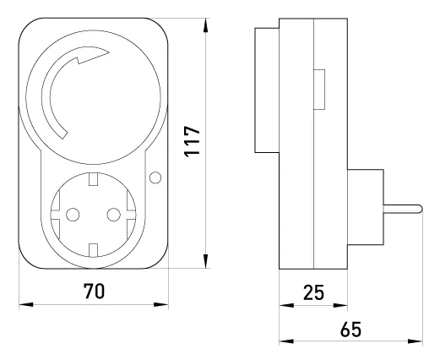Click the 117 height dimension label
pos(192,141)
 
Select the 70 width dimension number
pos(94,291)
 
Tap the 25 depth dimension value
pos(313,292)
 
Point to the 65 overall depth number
pos(350,329)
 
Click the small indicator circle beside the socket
pos(155,177)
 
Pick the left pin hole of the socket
pos(73,215)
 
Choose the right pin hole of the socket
pos(114,215)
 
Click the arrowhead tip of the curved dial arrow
pos(109,52)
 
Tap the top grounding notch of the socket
pos(93,179)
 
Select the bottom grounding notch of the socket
pos(93,250)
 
